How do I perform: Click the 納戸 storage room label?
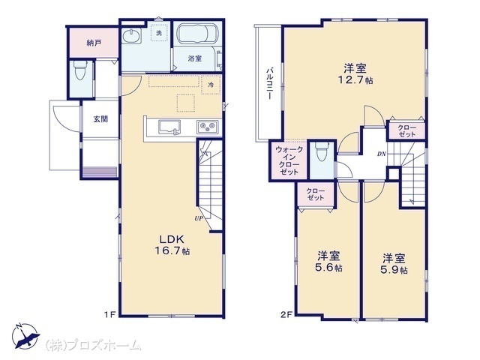coord(94,43)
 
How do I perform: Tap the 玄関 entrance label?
coord(100,119)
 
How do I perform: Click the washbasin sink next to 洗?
coord(132,36)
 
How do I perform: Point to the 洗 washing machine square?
coord(159,32)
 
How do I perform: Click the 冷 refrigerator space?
coord(211,85)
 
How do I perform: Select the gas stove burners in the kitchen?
coord(208,127)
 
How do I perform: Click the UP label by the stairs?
coord(199,218)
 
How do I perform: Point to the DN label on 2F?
coord(382,154)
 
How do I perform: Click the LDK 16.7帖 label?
coord(172,245)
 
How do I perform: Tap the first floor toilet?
coord(79,70)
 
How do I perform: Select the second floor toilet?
coord(321,151)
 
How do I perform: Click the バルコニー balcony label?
coord(269,83)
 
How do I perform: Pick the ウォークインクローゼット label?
coord(289,160)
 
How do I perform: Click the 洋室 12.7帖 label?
coord(355,73)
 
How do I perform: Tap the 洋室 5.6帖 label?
coord(328,262)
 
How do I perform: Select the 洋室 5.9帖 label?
coord(394,263)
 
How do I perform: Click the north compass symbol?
coord(25,336)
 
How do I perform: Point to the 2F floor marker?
coord(286,314)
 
